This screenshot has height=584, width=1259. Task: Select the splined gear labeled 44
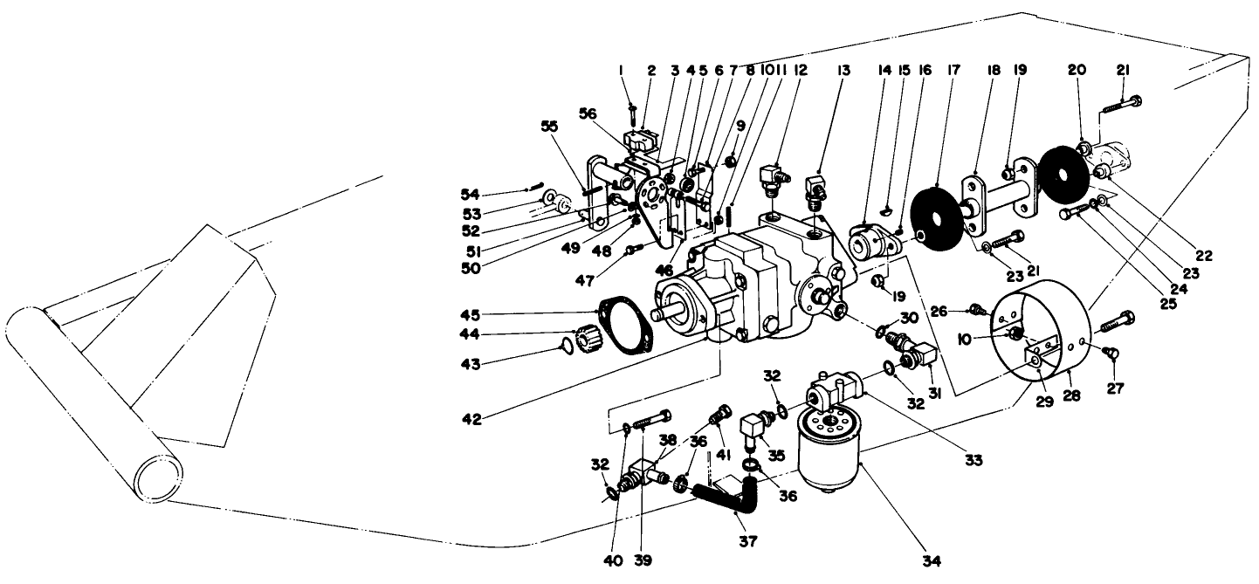(588, 337)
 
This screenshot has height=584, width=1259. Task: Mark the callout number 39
(643, 560)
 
